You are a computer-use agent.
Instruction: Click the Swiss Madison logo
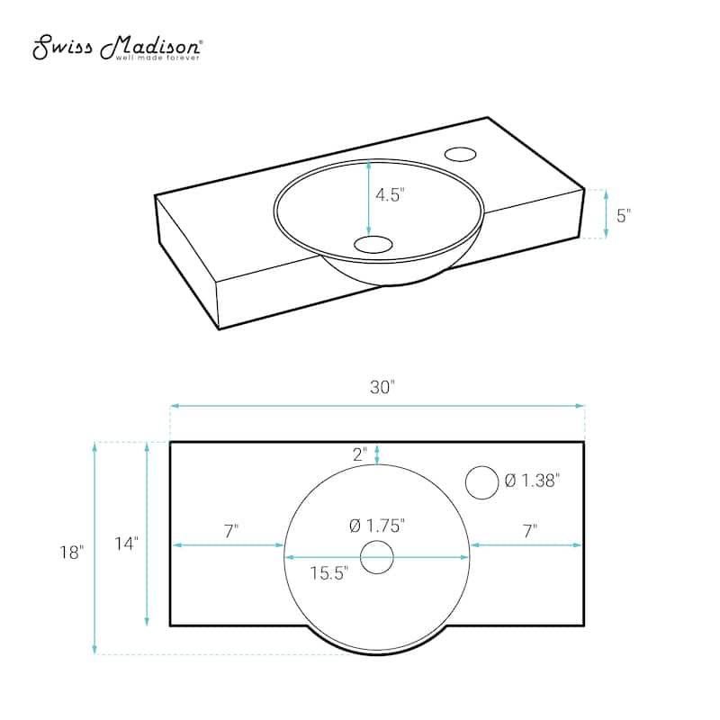click(117, 48)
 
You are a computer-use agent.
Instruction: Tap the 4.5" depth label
click(390, 195)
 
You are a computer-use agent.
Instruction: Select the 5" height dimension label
click(624, 215)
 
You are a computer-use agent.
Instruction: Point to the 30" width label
click(382, 387)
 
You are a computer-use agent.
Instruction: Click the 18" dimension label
click(72, 552)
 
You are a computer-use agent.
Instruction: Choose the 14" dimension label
click(126, 544)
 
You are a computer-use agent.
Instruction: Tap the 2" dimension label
click(360, 454)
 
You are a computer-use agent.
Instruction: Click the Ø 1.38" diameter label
click(532, 481)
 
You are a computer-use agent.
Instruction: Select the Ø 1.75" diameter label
click(377, 526)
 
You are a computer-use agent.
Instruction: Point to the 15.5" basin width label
click(328, 573)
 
